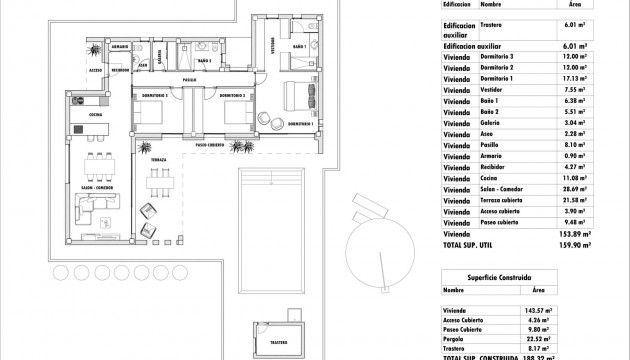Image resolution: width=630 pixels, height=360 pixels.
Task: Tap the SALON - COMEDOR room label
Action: pyautogui.click(x=95, y=186)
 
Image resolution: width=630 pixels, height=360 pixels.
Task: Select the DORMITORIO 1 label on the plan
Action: pyautogui.click(x=299, y=124)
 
